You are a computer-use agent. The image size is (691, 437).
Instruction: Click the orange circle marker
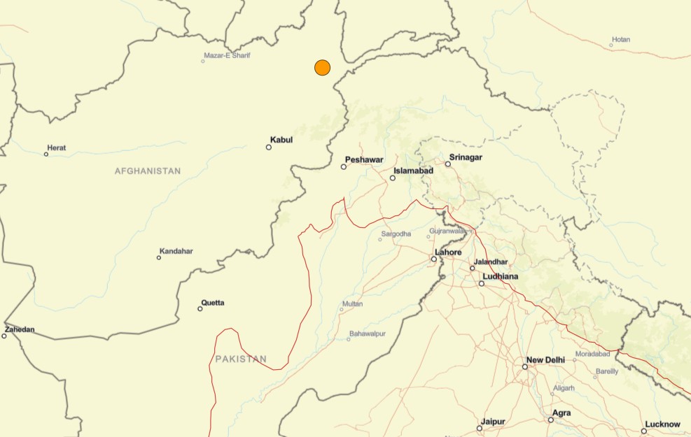(322, 67)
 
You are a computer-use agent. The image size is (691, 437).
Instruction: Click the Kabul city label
(281, 140)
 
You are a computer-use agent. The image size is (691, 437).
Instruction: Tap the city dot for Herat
(46, 154)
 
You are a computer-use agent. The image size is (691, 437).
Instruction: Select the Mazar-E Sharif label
(227, 55)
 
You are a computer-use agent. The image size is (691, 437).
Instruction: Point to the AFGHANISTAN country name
(148, 171)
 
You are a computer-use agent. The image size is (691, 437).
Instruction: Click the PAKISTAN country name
(241, 359)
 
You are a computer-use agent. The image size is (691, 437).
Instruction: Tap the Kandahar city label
(176, 251)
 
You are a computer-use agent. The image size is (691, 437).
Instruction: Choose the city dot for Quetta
(200, 308)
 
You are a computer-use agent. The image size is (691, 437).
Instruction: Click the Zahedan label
(20, 329)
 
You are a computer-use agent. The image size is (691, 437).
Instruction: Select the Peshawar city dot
(344, 166)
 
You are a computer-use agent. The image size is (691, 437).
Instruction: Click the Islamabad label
(414, 171)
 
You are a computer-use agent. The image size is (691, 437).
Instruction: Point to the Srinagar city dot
(448, 164)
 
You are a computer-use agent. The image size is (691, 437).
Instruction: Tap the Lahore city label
(448, 252)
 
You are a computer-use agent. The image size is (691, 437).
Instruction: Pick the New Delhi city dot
(525, 366)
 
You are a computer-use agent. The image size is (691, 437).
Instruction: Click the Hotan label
(621, 39)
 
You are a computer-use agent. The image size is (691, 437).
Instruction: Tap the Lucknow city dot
(644, 431)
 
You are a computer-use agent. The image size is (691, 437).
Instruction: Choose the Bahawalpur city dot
(349, 339)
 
